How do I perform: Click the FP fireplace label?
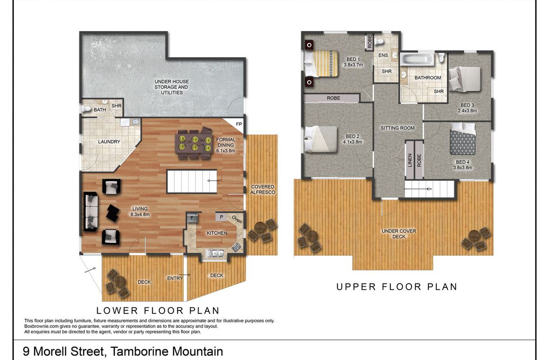tap(239, 124)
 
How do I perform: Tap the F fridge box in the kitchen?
tap(192, 218)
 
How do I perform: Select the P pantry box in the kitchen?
tap(221, 217)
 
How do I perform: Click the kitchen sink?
tap(215, 253)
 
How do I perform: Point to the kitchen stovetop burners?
tap(236, 247)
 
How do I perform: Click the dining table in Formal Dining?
tap(194, 143)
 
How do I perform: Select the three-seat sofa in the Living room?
tap(91, 211)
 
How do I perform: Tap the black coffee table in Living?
tap(113, 213)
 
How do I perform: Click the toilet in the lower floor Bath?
tap(86, 108)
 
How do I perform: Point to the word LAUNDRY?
tap(109, 142)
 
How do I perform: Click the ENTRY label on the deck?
tap(175, 278)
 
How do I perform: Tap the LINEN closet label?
tap(410, 160)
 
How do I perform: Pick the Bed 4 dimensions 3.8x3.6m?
tap(463, 168)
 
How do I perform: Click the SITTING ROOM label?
tap(397, 128)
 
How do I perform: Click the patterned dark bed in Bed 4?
tap(463, 141)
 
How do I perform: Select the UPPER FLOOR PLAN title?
tap(397, 287)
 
